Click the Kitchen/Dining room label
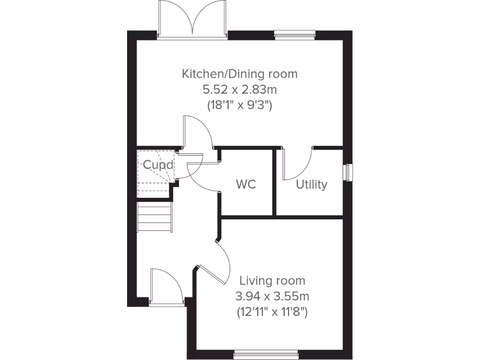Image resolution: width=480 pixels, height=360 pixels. pyautogui.click(x=240, y=74)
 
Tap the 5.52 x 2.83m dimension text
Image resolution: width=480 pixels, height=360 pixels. pyautogui.click(x=240, y=89)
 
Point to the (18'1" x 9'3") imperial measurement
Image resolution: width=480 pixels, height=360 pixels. pyautogui.click(x=240, y=105)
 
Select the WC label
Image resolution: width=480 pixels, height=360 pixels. pyautogui.click(x=246, y=184)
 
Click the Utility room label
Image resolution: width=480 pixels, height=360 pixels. pyautogui.click(x=311, y=185)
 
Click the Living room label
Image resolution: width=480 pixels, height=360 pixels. pyautogui.click(x=272, y=281)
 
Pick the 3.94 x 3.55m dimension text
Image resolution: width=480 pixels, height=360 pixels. pyautogui.click(x=272, y=296)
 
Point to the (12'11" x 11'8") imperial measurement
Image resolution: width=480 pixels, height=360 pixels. pyautogui.click(x=272, y=312)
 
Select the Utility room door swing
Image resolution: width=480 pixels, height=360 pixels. pyautogui.click(x=298, y=164)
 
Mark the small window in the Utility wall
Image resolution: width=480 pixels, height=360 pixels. pyautogui.click(x=348, y=172)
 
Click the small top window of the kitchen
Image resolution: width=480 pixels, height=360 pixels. pyautogui.click(x=288, y=34)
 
